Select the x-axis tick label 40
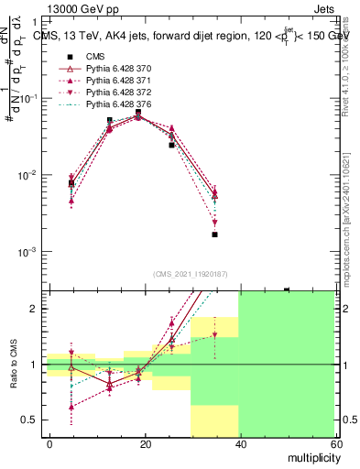[239, 443]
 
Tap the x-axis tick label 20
[145, 443]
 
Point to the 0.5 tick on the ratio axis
[32, 420]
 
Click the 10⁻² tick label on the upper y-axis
[29, 175]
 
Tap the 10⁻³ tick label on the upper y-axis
[29, 252]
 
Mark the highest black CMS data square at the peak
[138, 112]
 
